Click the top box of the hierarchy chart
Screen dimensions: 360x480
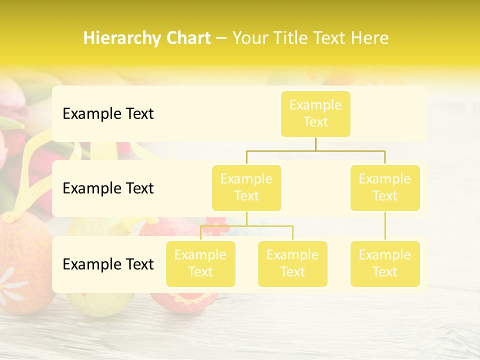point(315,114)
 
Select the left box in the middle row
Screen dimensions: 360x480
point(246,188)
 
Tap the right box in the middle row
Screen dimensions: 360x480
point(385,188)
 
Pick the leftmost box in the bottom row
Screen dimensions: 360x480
point(200,264)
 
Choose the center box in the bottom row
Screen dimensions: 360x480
point(292,264)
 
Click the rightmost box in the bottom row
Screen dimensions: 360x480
point(385,264)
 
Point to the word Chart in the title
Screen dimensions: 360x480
point(185,38)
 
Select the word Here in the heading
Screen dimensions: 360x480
point(369,38)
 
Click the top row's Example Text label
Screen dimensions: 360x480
point(108,114)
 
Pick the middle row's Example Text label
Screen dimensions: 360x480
point(108,188)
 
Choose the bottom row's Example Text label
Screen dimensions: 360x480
point(108,264)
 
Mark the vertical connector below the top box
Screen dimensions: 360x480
point(315,144)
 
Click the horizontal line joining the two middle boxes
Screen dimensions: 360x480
point(315,150)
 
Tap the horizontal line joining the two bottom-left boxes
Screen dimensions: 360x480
point(246,226)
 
